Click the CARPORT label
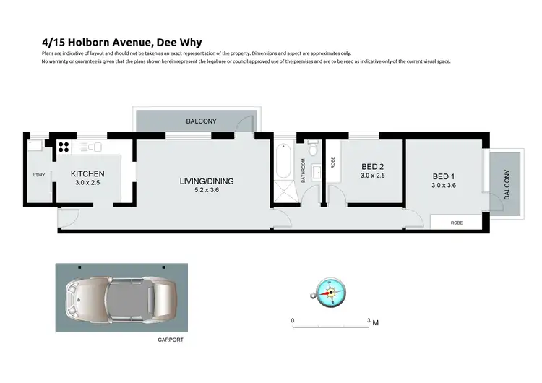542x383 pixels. (171, 339)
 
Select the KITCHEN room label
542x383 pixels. (87, 174)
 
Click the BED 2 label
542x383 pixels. (373, 165)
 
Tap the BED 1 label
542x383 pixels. (444, 176)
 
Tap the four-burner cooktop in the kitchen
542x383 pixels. (63, 147)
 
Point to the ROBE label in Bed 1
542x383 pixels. (456, 223)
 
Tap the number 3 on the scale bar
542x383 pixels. (369, 319)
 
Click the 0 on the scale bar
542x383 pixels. (293, 319)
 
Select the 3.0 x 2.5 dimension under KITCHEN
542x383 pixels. (87, 184)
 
